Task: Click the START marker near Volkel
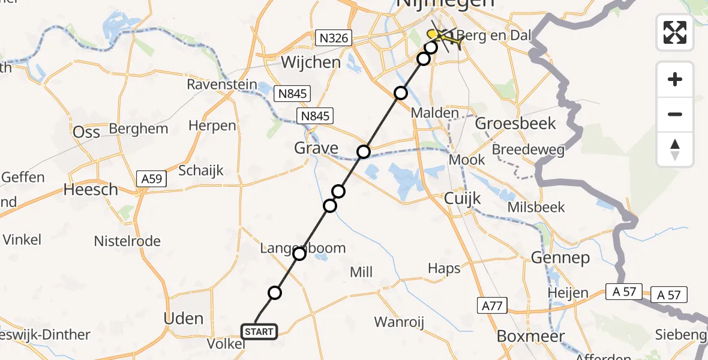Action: (259, 331)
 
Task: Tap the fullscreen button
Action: (675, 32)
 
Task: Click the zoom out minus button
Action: (675, 114)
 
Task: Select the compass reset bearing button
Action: (675, 149)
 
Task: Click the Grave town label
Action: (316, 148)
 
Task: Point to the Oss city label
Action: (86, 132)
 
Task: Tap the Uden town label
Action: (184, 318)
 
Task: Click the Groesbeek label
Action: (515, 124)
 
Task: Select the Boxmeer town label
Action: (530, 337)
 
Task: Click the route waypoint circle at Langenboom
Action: (299, 254)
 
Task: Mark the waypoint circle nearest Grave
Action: (363, 152)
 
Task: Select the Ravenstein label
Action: (221, 85)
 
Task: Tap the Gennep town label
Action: (560, 258)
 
